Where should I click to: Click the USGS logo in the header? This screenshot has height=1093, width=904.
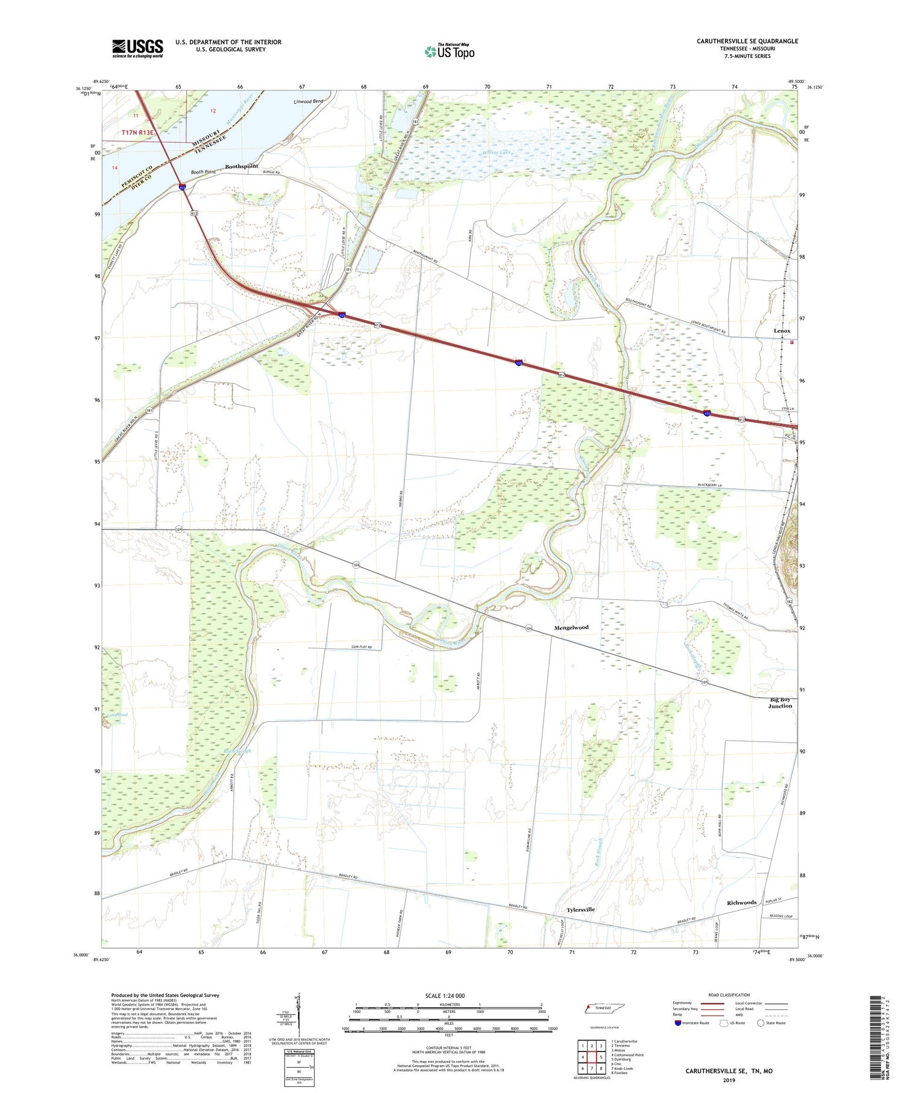click(x=137, y=48)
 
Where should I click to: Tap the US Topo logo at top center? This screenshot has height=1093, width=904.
click(x=449, y=52)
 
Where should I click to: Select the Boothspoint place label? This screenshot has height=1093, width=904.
click(x=242, y=166)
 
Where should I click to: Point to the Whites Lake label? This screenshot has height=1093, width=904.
click(x=497, y=153)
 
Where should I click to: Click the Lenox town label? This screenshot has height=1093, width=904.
click(x=782, y=331)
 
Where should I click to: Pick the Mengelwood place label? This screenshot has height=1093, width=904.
click(x=571, y=628)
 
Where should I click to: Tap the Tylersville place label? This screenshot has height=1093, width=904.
click(x=580, y=909)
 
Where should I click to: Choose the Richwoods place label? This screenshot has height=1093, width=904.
click(x=741, y=902)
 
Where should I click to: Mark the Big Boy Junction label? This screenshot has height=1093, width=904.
click(x=780, y=702)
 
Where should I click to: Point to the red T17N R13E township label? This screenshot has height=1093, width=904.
click(x=138, y=133)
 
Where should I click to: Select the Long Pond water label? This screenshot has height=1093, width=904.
click(x=118, y=715)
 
